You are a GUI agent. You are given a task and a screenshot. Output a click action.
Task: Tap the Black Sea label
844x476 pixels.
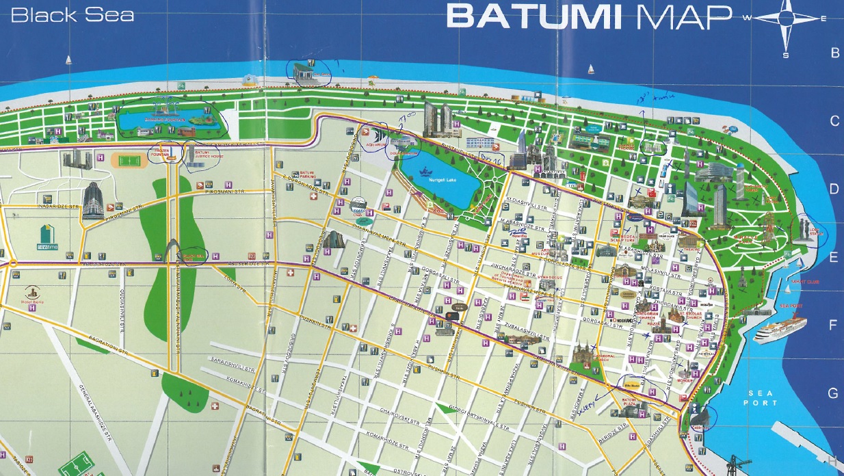(x=72, y=15)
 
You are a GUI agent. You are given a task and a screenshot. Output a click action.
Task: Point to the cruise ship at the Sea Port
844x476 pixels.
(x=780, y=328)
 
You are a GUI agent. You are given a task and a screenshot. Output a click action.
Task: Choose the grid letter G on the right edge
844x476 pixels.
(x=834, y=393)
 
